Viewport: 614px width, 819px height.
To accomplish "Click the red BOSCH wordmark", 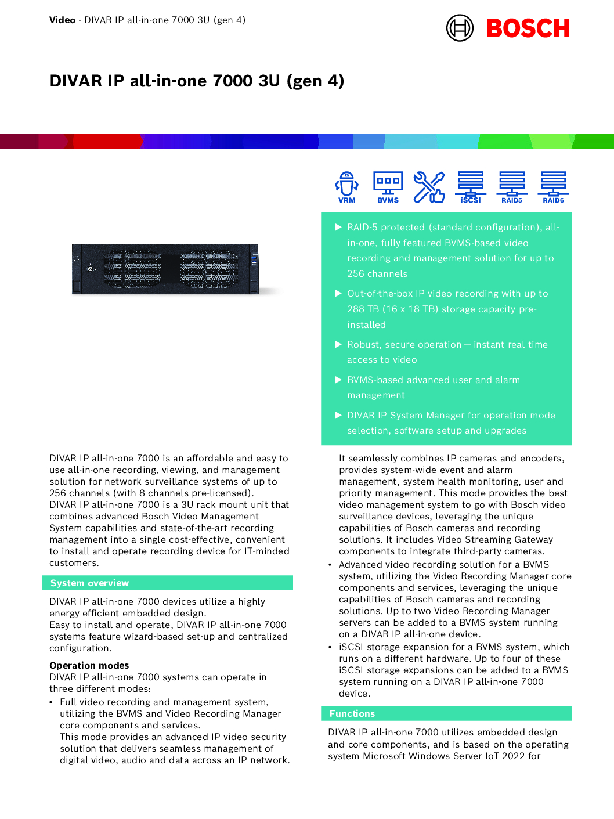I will click(x=528, y=28).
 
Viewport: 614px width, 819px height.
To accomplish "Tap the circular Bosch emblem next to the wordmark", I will click(x=460, y=28).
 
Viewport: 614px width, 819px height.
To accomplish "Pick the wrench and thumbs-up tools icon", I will click(x=429, y=187).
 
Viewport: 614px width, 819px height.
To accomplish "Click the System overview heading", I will click(x=89, y=583).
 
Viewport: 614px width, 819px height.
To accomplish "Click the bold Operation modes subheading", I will click(x=89, y=665).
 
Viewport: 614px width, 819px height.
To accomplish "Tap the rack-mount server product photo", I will click(x=165, y=269).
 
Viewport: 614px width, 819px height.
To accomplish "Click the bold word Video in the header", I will click(x=62, y=20).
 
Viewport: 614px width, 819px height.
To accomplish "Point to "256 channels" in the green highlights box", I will click(x=377, y=273).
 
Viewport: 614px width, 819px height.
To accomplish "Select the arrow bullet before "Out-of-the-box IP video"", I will click(x=338, y=293).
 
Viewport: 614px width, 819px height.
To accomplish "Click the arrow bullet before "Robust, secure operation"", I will click(x=338, y=344).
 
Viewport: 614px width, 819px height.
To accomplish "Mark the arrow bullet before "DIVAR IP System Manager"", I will click(x=338, y=415).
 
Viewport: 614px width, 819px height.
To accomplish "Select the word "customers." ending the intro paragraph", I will click(x=74, y=562).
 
